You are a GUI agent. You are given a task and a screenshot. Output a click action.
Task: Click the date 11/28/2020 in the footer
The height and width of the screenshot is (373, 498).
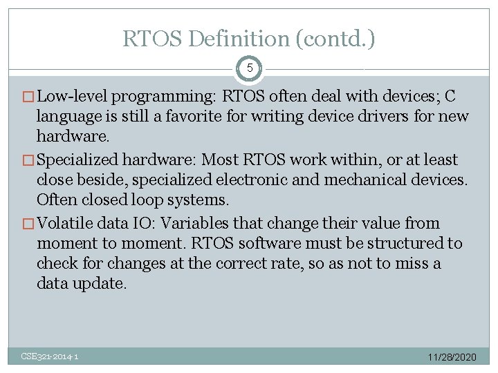(452, 357)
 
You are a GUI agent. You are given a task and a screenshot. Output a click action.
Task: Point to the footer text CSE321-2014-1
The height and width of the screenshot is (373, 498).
(49, 356)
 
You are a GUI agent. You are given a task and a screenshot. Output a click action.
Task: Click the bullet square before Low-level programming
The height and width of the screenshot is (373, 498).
(28, 97)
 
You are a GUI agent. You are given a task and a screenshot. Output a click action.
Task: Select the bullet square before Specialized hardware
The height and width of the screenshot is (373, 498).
(28, 160)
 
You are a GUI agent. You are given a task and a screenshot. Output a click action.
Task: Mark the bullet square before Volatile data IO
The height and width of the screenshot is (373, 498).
(28, 224)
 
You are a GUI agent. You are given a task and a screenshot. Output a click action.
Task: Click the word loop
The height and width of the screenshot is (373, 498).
(147, 200)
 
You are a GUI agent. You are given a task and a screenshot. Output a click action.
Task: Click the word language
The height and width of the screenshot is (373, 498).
(68, 117)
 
